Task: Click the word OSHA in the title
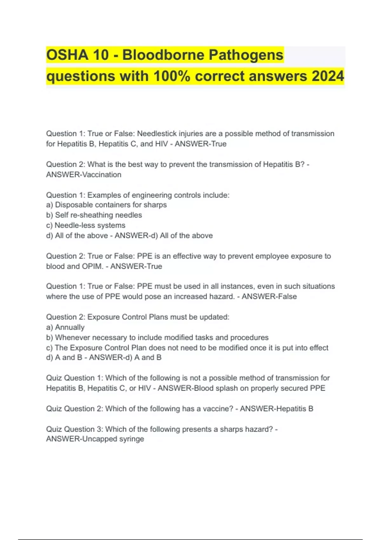point(67,55)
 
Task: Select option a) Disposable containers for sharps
point(106,205)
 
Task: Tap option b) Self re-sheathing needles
point(94,215)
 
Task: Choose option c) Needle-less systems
point(86,225)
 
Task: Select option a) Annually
point(65,327)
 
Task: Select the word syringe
point(131,439)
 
